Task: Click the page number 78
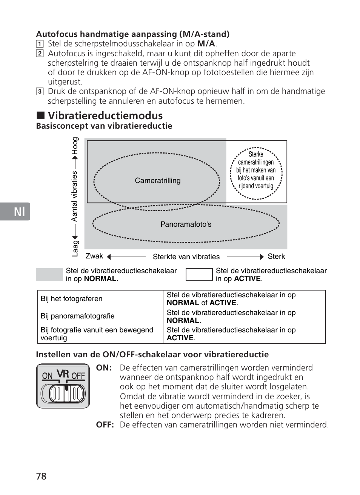[x=42, y=476]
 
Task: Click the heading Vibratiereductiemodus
[x=105, y=115]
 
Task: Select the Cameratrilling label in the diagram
[x=158, y=181]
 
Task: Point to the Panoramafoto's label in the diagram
[x=186, y=224]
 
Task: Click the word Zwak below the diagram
[x=94, y=256]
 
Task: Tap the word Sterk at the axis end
[x=276, y=257]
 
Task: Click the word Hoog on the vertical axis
[x=75, y=146]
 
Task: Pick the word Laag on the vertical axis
[x=75, y=248]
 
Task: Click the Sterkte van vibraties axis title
[x=186, y=257]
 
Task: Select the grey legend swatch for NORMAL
[x=49, y=275]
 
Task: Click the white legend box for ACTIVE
[x=199, y=275]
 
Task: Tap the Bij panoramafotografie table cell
[x=77, y=316]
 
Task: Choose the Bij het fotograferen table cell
[x=71, y=299]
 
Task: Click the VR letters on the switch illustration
[x=63, y=374]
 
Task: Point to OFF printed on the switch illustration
[x=78, y=376]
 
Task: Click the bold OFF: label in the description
[x=105, y=425]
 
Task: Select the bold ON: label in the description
[x=104, y=368]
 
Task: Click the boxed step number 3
[x=40, y=91]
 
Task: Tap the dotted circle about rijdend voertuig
[x=256, y=174]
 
